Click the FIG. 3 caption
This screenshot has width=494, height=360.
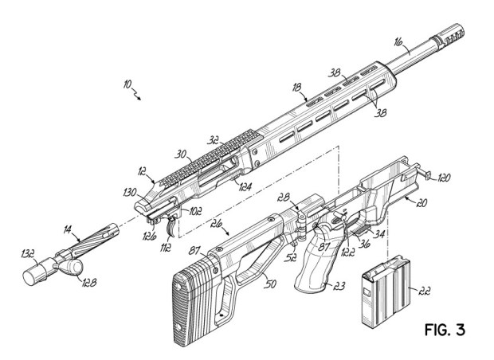tap(445, 330)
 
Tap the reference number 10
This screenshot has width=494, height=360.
tap(127, 84)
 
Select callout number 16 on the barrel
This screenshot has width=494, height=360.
tap(399, 42)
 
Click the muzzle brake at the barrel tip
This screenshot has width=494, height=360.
tap(449, 35)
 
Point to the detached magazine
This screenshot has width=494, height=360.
tap(386, 292)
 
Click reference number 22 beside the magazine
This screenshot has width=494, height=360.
tap(425, 292)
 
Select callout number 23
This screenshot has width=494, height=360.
tap(339, 286)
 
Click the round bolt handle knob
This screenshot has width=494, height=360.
tap(71, 267)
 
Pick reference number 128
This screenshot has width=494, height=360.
tap(88, 283)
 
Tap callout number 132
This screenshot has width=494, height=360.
tap(28, 253)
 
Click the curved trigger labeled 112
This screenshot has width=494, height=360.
tap(171, 227)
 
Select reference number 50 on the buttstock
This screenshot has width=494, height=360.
tap(270, 284)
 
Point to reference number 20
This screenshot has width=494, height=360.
tap(421, 203)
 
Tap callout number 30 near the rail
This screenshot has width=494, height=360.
tap(181, 155)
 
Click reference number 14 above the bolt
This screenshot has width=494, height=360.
tap(67, 229)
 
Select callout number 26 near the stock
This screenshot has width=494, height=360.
tap(217, 224)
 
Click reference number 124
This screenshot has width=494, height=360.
tap(245, 187)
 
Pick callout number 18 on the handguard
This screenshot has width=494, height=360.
tap(296, 87)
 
